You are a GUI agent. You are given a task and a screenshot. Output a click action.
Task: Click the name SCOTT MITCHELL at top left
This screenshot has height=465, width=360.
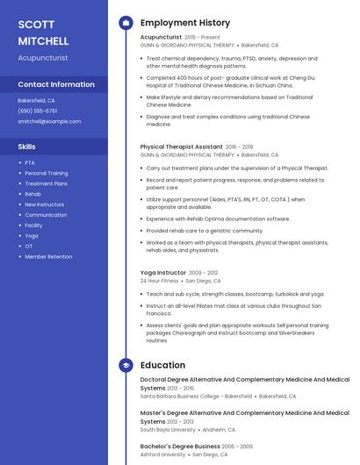click(x=42, y=32)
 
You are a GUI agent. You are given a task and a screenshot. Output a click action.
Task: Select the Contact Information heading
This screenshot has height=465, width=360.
click(x=56, y=84)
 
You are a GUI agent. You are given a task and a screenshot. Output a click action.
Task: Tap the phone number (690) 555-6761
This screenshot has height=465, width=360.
click(x=37, y=111)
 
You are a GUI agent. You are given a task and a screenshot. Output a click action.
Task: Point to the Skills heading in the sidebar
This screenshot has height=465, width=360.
click(x=27, y=147)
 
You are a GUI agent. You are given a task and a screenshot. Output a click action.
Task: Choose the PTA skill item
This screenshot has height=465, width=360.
click(x=30, y=162)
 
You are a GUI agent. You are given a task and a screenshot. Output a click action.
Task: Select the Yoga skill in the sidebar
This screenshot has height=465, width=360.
click(x=32, y=235)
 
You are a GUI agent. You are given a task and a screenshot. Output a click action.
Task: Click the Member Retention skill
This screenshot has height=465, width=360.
click(x=48, y=256)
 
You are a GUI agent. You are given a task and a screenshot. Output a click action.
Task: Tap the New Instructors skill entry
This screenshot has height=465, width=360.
click(x=44, y=204)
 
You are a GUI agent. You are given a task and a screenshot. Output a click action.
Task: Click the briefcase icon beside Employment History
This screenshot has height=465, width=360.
click(x=126, y=23)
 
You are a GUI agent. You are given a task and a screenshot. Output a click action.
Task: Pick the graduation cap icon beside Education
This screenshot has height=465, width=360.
click(x=126, y=365)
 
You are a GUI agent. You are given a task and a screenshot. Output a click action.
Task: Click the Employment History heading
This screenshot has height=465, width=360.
click(x=185, y=23)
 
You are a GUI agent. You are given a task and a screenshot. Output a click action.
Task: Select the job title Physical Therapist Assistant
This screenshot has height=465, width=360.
click(x=181, y=147)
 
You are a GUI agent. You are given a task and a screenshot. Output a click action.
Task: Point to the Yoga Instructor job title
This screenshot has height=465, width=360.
click(x=163, y=273)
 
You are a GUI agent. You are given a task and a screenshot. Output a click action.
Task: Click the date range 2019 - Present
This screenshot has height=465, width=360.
click(x=203, y=38)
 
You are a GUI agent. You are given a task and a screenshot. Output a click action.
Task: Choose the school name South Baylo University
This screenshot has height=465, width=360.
click(x=168, y=430)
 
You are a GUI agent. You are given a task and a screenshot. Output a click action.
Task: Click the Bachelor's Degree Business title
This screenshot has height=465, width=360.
click(x=179, y=446)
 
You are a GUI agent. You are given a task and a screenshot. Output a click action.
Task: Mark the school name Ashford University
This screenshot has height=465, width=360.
click(x=162, y=454)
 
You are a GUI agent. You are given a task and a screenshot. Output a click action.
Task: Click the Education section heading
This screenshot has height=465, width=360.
click(x=162, y=365)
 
